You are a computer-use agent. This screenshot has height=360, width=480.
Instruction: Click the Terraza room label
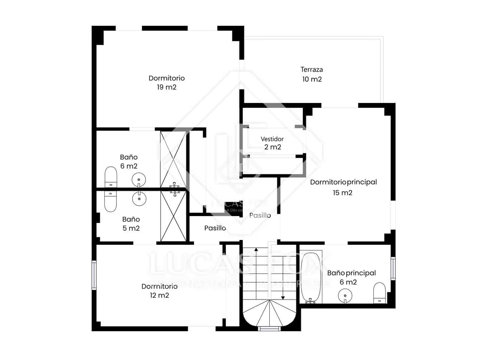coord(312,70)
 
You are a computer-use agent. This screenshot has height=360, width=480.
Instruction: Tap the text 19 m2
coord(166,87)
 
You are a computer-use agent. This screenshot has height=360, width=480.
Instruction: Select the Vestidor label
coord(272,139)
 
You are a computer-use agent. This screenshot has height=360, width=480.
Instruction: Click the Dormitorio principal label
coord(343,182)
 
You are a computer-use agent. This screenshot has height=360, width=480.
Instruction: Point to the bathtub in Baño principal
coord(311,277)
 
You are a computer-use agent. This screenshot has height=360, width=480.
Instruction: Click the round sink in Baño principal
coord(345,295)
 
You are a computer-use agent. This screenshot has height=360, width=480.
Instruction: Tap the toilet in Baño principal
coord(379,293)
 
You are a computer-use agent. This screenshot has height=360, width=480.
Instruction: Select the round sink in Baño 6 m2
coord(139,180)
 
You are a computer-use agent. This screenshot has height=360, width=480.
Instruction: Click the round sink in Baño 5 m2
coord(139,199)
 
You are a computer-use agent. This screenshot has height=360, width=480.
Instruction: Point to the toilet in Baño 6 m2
coord(111,177)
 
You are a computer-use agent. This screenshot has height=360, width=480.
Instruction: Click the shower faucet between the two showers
coord(175,189)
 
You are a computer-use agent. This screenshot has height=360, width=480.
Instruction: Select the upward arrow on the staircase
coord(256,249)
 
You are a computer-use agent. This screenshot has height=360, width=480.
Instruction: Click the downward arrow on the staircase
coord(283,297)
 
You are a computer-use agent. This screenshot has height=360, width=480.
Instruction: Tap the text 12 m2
coord(159,295)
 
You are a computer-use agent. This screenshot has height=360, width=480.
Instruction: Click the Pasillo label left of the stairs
coord(215,228)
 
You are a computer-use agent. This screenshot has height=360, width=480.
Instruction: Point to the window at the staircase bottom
coord(269,328)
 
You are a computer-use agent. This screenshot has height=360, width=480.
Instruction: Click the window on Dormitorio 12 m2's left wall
coord(94,275)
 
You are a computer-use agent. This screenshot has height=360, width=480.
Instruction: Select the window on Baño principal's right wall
coord(393,268)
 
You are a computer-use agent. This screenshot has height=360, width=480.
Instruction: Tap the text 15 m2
coord(342,193)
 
